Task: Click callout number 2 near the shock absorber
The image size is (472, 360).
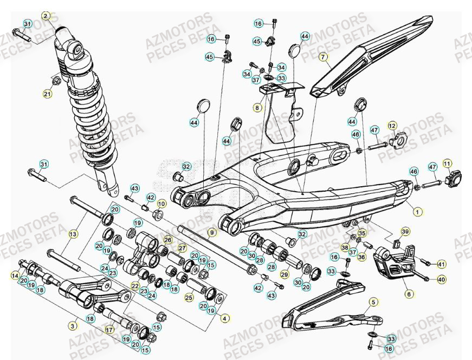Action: (x=46, y=16)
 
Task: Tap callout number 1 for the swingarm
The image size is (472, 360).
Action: (x=417, y=212)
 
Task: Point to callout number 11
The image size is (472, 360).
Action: (x=447, y=163)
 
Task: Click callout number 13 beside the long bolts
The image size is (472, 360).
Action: (x=73, y=234)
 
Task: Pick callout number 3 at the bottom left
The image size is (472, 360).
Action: (x=73, y=325)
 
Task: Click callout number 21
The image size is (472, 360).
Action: (x=47, y=94)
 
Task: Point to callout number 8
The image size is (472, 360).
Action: (x=257, y=108)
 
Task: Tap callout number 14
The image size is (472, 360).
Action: (x=15, y=276)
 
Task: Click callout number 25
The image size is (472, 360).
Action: (x=189, y=297)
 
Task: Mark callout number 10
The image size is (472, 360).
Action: (x=161, y=204)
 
